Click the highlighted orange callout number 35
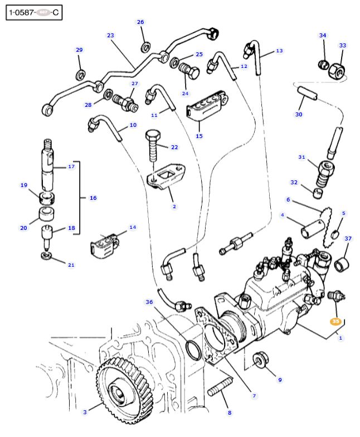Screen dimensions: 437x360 (x=335, y=321)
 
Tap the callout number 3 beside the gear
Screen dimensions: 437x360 (x=85, y=412)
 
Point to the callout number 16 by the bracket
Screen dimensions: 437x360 (x=93, y=198)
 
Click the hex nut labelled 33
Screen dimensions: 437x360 (x=337, y=70)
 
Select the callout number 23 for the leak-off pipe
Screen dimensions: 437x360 (x=110, y=35)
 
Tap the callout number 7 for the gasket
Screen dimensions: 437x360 (x=254, y=396)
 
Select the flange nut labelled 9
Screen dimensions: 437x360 (x=259, y=361)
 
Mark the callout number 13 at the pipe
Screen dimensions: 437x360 (x=279, y=51)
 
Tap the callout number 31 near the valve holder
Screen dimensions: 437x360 (x=301, y=157)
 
